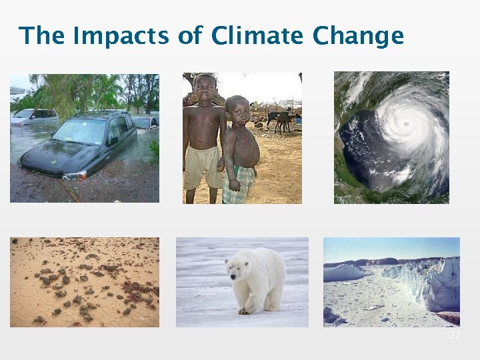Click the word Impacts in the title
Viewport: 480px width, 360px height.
tap(122, 36)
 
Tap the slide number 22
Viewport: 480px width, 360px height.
tap(455, 336)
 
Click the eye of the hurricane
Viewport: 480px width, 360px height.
tap(405, 124)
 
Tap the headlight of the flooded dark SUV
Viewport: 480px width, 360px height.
tap(75, 175)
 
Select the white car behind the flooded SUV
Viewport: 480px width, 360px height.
tap(33, 117)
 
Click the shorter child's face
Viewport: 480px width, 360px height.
tap(237, 109)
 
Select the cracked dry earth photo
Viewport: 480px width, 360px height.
tap(84, 282)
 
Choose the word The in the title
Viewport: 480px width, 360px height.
tap(42, 36)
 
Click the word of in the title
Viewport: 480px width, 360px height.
tap(189, 36)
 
